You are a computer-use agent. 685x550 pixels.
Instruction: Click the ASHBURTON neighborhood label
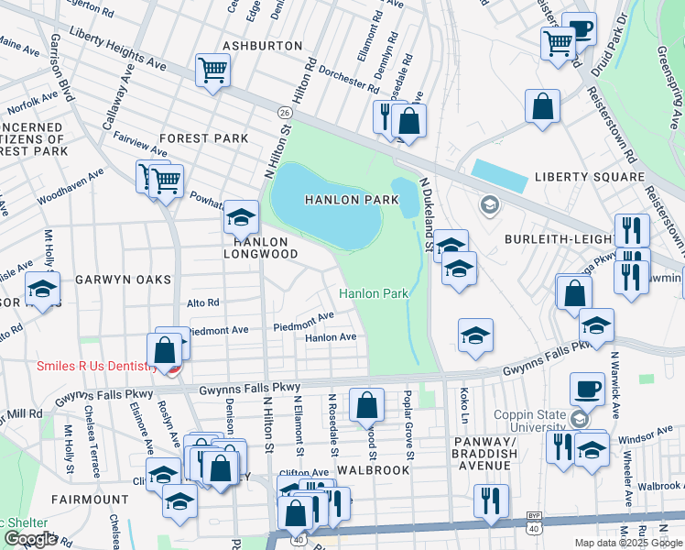coord(262,45)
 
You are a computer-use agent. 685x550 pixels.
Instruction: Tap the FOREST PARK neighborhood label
coord(204,138)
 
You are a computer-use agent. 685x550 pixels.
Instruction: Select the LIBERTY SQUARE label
coord(589,176)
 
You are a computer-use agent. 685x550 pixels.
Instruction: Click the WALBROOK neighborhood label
coord(372,468)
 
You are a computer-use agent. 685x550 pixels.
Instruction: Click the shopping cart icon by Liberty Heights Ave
coord(212,70)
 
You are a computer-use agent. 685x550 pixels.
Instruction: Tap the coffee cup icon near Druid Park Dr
coord(579,28)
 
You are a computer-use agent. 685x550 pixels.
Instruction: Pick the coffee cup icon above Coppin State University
coord(587,389)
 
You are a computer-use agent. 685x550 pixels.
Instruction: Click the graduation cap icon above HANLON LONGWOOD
coord(241,216)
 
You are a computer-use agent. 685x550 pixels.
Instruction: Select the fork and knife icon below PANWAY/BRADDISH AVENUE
coord(492,500)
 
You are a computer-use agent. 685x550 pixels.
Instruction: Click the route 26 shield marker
coord(285,110)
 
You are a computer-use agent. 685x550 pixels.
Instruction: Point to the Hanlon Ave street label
coord(331,337)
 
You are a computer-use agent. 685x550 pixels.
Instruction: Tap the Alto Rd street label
coord(203,302)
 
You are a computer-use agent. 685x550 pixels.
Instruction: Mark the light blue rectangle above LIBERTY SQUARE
coord(501,170)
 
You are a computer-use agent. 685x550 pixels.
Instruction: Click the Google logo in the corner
coord(30,539)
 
